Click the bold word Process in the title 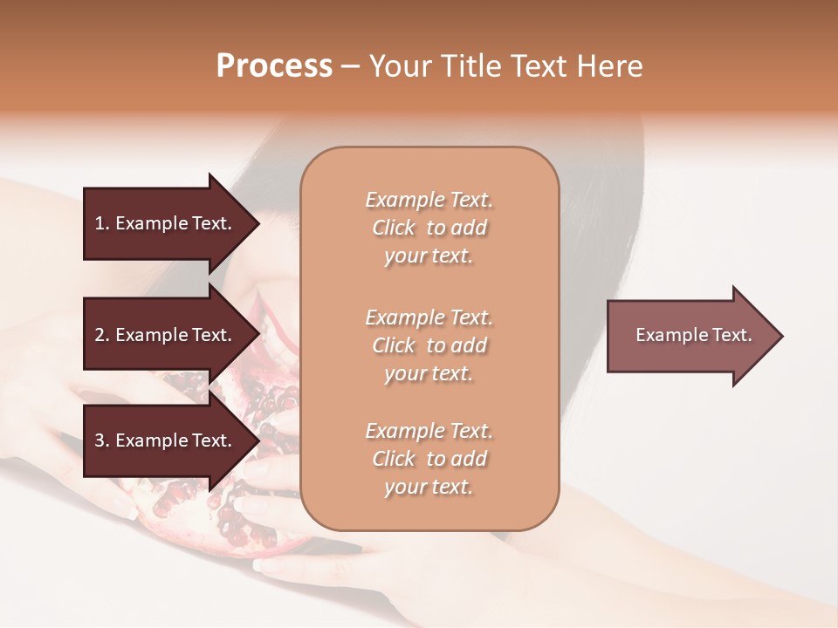[x=274, y=66]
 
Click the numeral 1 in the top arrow [x=99, y=223]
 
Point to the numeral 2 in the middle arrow [x=100, y=335]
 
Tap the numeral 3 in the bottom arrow [x=100, y=440]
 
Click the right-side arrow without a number [x=690, y=335]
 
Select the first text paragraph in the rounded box [x=429, y=228]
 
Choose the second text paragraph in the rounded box [x=429, y=345]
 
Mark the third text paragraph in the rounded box [x=429, y=459]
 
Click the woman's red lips [x=265, y=326]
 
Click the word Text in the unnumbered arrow [x=732, y=335]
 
